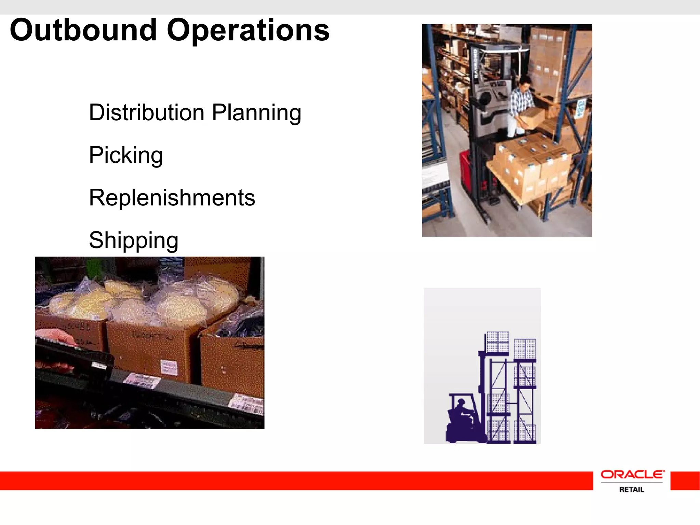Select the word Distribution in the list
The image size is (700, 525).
pyautogui.click(x=147, y=112)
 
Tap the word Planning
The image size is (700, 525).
pyautogui.click(x=256, y=113)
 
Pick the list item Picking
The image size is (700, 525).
pyautogui.click(x=126, y=156)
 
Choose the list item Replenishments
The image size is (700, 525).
pyautogui.click(x=172, y=198)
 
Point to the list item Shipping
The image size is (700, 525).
pyautogui.click(x=134, y=240)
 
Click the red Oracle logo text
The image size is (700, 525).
pyautogui.click(x=632, y=474)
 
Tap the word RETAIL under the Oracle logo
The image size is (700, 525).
pyautogui.click(x=632, y=489)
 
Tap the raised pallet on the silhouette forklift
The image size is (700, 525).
pyautogui.click(x=498, y=342)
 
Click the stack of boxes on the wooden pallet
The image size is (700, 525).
pyautogui.click(x=531, y=164)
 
